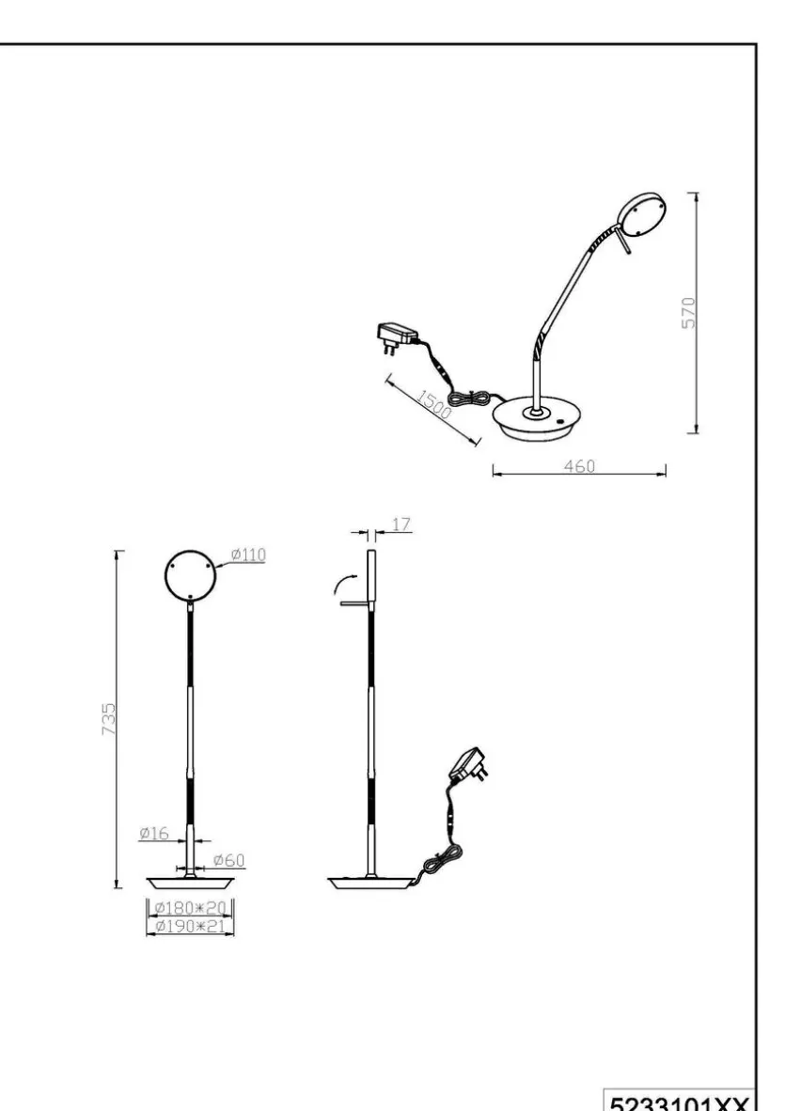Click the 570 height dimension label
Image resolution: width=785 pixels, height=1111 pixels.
(x=689, y=312)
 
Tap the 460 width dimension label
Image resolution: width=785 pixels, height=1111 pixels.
(x=579, y=466)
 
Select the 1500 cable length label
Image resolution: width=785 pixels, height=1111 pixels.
(x=432, y=404)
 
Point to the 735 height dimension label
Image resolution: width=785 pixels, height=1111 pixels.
(x=108, y=718)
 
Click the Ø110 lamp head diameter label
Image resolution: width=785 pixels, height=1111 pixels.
(x=249, y=554)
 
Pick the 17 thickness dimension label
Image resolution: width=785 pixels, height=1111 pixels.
(x=401, y=524)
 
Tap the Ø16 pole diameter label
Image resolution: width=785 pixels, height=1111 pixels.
(x=154, y=833)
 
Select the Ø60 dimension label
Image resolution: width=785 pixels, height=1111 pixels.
(x=228, y=860)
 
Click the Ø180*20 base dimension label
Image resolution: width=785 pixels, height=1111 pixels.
(x=190, y=908)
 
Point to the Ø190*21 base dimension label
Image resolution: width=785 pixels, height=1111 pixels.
(x=190, y=925)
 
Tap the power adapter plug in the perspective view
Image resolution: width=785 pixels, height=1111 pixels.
(x=396, y=337)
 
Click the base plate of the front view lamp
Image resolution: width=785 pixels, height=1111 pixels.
(x=190, y=883)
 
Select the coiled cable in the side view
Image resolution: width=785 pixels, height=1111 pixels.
(x=439, y=861)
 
